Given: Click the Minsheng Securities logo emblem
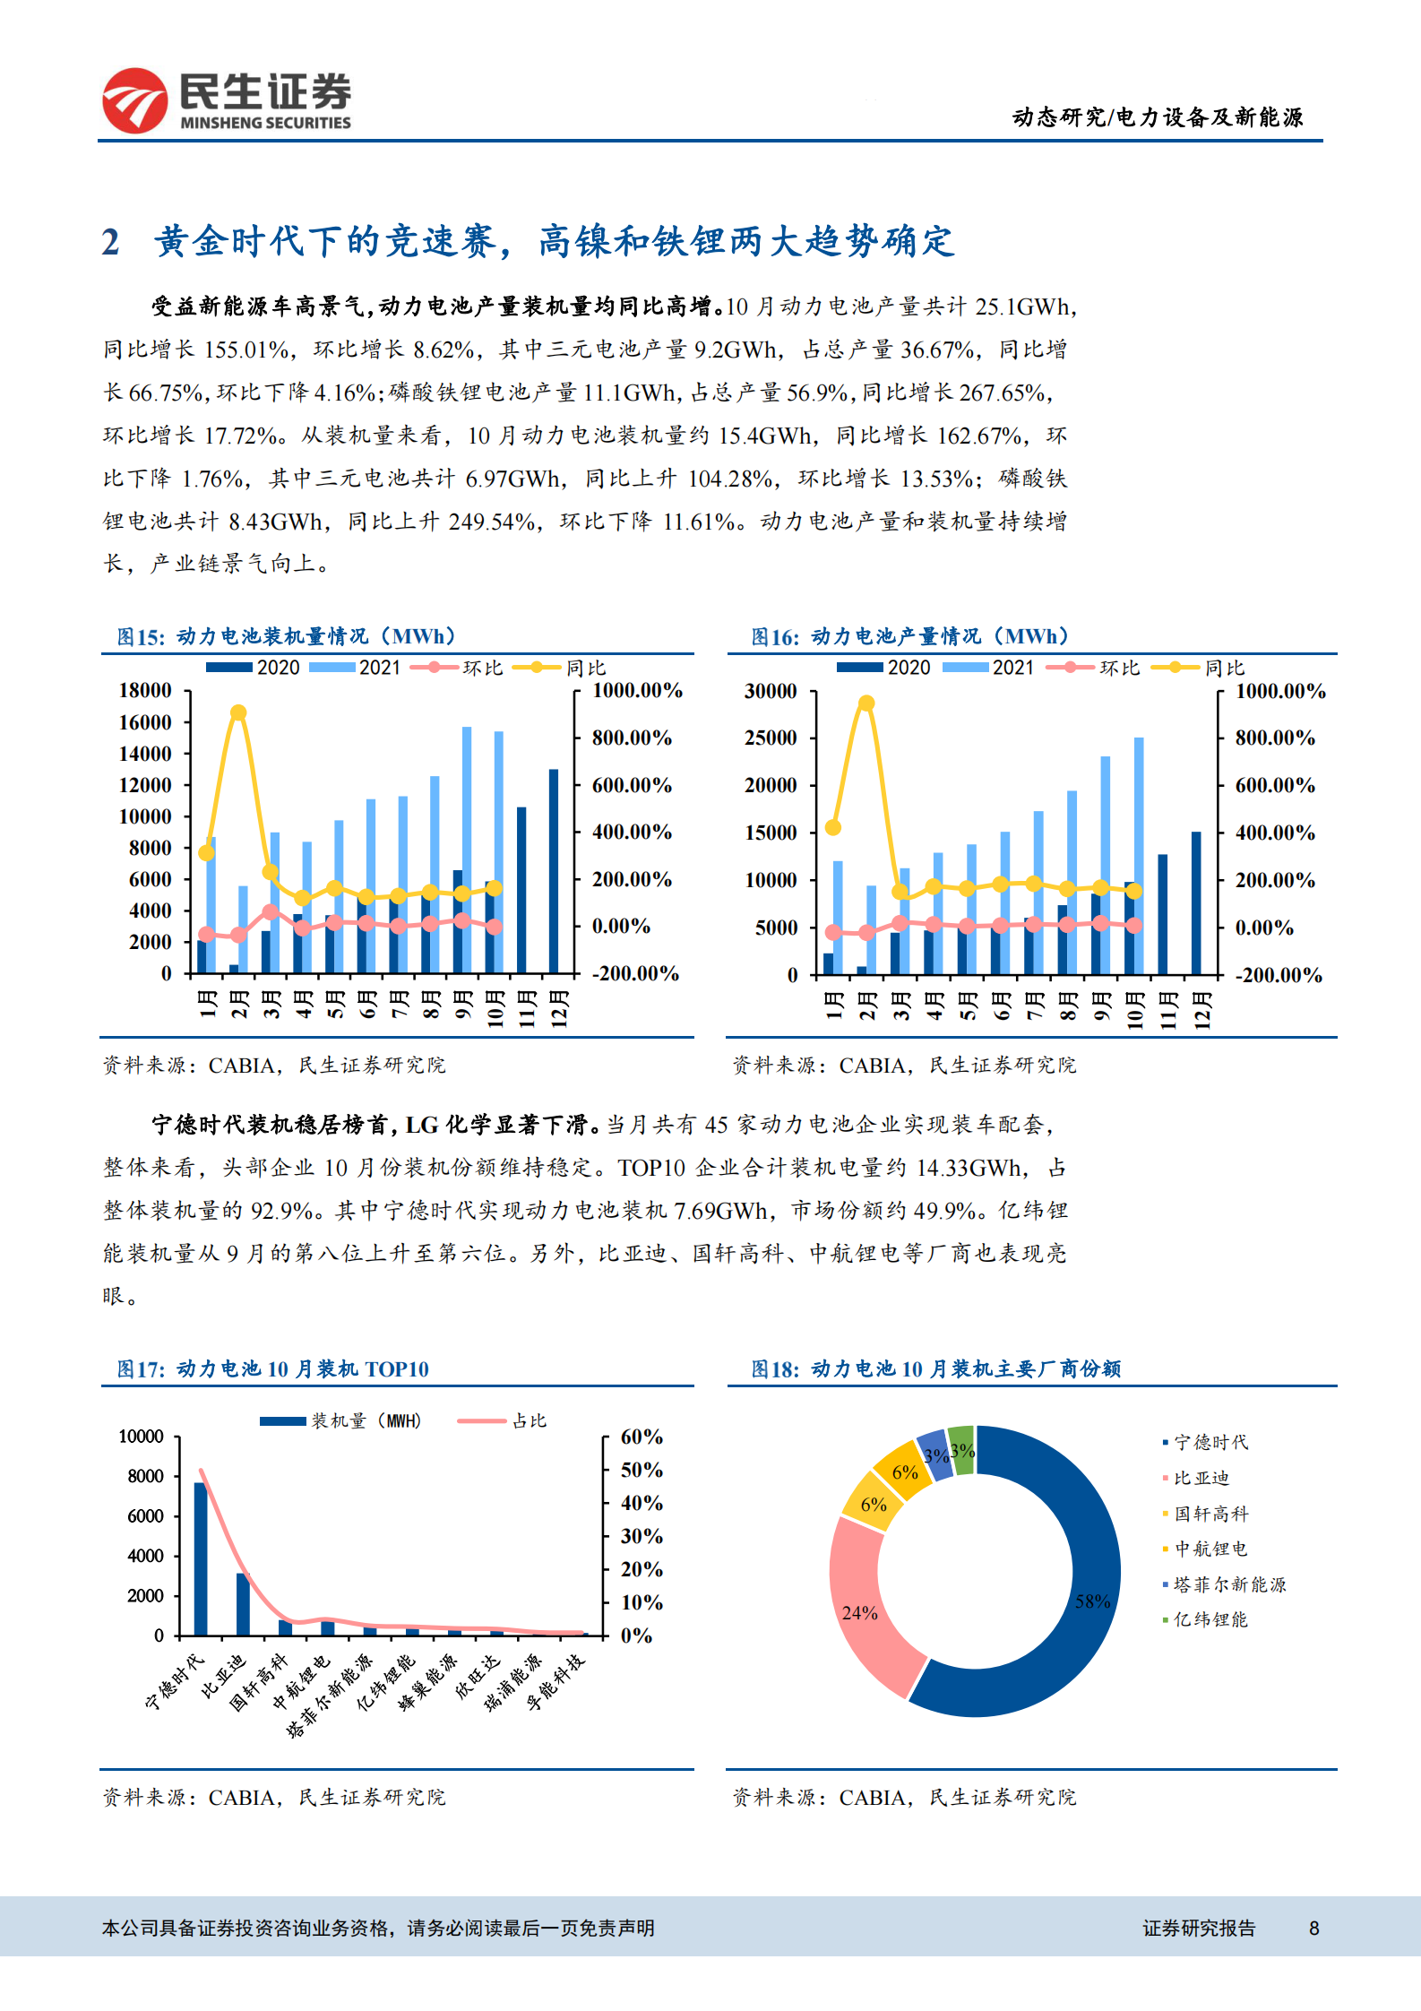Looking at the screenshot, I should tap(134, 100).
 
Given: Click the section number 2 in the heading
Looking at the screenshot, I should tap(110, 242).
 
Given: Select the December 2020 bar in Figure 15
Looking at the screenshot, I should tap(554, 869).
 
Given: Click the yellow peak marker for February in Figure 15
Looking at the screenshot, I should tap(238, 713).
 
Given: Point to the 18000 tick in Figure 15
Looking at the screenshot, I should tap(145, 690).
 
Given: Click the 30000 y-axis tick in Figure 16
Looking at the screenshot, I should tap(771, 691).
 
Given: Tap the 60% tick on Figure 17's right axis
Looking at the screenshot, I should tap(642, 1437).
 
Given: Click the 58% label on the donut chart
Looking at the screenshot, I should tap(1092, 1601).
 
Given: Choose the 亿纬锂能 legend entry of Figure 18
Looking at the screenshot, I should tap(1210, 1619).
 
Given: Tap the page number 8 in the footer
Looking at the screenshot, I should tap(1313, 1929).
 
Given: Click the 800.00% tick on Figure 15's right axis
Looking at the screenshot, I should tap(632, 738).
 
